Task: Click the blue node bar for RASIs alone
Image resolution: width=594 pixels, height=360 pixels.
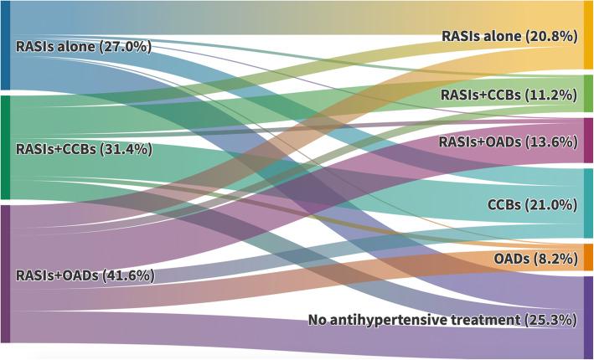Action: [x=4, y=45]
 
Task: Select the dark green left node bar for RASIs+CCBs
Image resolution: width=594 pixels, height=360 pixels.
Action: [x=4, y=147]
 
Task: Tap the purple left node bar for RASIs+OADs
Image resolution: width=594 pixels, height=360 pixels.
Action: [x=4, y=273]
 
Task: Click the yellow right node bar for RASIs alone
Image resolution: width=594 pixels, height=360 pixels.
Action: [x=588, y=34]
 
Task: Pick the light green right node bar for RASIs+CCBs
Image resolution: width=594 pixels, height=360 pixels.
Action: [x=588, y=93]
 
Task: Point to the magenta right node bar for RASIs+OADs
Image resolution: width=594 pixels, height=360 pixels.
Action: [x=588, y=140]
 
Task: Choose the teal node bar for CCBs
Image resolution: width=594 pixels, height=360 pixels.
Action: [x=588, y=203]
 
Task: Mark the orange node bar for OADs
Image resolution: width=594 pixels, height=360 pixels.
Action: [x=588, y=257]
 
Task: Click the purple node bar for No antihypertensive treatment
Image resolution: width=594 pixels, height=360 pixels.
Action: [x=588, y=316]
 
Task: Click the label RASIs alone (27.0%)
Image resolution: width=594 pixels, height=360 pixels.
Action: [x=84, y=46]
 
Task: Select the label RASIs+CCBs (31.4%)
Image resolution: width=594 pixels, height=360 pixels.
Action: [x=84, y=149]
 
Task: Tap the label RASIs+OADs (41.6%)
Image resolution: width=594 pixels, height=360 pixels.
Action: [x=84, y=275]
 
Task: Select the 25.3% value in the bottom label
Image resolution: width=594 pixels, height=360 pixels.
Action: [x=549, y=320]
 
